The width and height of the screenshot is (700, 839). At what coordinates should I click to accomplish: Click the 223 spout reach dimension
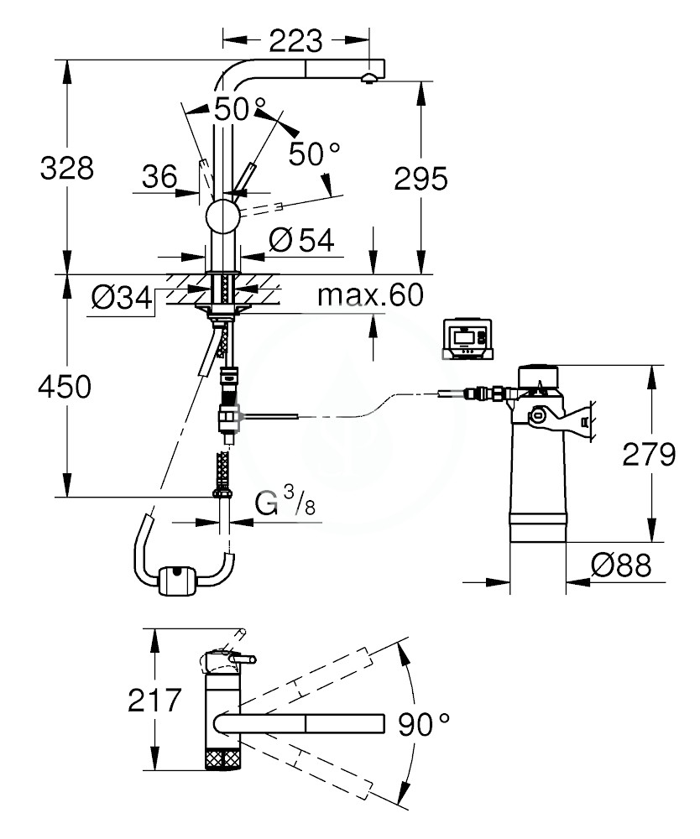coord(295,39)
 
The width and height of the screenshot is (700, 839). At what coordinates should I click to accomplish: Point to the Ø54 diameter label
coord(301,241)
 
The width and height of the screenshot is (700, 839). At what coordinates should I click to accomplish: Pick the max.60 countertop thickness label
coord(370,294)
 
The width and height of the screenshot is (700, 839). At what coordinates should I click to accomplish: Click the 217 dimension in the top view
coord(154,700)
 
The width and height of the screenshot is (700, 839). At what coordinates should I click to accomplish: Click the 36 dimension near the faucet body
coord(159,176)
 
